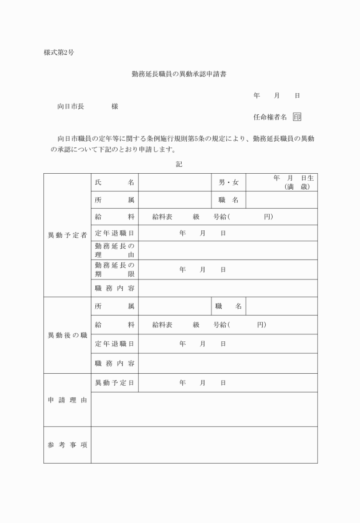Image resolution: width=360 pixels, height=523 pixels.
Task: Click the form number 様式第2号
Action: (x=59, y=53)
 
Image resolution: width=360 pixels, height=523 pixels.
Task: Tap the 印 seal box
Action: (x=297, y=117)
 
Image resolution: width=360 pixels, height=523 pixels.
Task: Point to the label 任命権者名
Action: (x=270, y=117)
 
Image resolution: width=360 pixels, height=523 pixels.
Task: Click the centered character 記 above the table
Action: (x=179, y=163)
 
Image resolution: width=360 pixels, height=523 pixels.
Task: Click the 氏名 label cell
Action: (x=114, y=182)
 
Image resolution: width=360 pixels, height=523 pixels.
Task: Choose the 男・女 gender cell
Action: (x=229, y=182)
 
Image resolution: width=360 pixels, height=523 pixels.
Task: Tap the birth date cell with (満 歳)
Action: (x=282, y=182)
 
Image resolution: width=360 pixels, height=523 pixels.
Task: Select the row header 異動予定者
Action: (x=67, y=235)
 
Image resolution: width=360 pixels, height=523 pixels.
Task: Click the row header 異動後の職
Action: (x=67, y=335)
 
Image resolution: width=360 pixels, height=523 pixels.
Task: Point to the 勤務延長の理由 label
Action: (x=114, y=250)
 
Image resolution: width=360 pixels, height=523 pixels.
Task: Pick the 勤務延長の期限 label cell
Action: (x=114, y=269)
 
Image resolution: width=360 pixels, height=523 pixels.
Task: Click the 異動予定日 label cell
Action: (x=114, y=382)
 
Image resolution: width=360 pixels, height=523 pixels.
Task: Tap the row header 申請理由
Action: (x=67, y=400)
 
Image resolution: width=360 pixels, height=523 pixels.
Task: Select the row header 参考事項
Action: (x=67, y=445)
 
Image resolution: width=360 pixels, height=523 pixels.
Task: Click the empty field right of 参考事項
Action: (x=204, y=445)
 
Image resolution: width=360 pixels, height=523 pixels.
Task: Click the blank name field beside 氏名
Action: (x=175, y=182)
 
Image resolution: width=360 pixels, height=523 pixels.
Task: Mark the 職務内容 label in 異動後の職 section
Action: (x=114, y=363)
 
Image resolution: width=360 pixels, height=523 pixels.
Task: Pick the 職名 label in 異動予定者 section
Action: (x=229, y=199)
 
